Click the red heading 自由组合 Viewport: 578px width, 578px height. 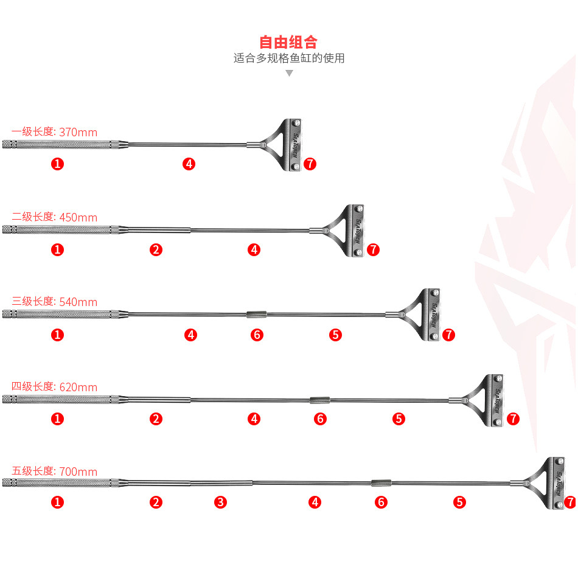click(288, 42)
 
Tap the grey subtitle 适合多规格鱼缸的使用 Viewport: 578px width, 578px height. click(289, 58)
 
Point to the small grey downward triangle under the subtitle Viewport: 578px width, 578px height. click(290, 74)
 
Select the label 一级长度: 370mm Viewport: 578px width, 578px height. click(54, 131)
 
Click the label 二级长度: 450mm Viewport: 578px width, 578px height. click(54, 217)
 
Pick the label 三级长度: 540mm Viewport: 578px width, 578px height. click(54, 302)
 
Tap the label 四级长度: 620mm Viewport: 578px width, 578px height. click(54, 387)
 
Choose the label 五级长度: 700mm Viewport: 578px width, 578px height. click(54, 471)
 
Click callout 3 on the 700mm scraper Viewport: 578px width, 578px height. click(220, 502)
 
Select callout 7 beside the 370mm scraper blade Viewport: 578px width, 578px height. click(310, 164)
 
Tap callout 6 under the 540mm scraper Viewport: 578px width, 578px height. click(257, 335)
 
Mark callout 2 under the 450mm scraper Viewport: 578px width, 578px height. click(156, 249)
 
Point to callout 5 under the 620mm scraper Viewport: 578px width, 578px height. click(399, 419)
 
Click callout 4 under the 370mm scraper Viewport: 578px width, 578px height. click(189, 164)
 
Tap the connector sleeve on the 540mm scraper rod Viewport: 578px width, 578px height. click(257, 315)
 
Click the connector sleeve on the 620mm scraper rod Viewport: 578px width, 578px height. click(319, 400)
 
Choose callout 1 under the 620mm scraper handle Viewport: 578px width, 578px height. click(57, 419)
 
